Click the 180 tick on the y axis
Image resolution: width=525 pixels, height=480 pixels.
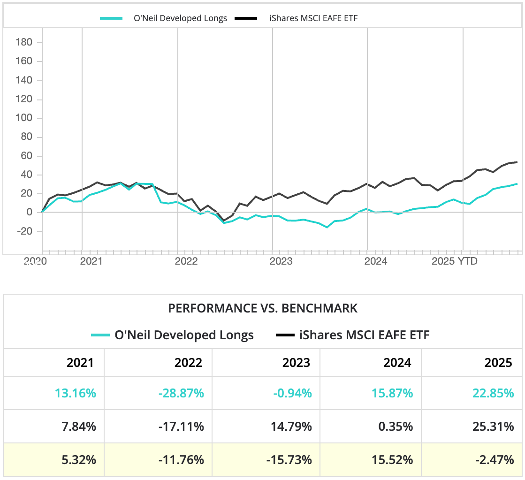point(24,43)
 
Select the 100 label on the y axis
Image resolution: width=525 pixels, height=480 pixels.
point(24,118)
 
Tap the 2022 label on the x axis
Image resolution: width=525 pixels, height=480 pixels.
point(186,261)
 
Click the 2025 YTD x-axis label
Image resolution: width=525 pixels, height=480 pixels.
point(454,261)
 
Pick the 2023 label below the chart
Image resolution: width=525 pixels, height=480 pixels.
point(281,261)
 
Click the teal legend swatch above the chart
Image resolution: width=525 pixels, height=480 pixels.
point(111,18)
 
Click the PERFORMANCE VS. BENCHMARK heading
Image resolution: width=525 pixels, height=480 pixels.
point(263,308)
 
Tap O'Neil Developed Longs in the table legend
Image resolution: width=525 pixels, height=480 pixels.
point(184,335)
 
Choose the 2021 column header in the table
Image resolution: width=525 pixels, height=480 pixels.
point(80,362)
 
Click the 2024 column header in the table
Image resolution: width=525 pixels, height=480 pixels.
point(397,362)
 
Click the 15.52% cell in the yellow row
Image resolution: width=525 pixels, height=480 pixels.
point(397,460)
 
